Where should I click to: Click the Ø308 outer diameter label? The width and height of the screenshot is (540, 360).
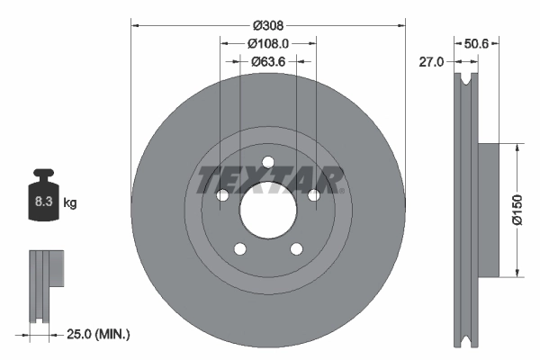click(x=268, y=25)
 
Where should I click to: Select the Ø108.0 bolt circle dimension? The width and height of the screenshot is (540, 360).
click(x=268, y=42)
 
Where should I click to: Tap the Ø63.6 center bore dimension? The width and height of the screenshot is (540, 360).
click(x=268, y=61)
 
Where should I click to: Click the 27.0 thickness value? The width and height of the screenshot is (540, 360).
click(x=433, y=61)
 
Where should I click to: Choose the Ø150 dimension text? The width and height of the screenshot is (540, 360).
click(x=517, y=208)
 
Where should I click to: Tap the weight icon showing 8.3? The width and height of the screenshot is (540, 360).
click(x=42, y=199)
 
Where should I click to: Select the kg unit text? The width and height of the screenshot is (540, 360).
click(x=70, y=203)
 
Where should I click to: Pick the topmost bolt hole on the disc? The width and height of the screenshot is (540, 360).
click(x=267, y=162)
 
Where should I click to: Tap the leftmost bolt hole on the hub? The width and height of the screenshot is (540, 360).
click(x=222, y=194)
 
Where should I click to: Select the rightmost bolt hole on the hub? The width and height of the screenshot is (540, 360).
click(x=313, y=194)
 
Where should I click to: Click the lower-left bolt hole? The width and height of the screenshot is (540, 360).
click(x=239, y=248)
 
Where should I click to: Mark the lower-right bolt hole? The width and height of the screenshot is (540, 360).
click(x=296, y=248)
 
